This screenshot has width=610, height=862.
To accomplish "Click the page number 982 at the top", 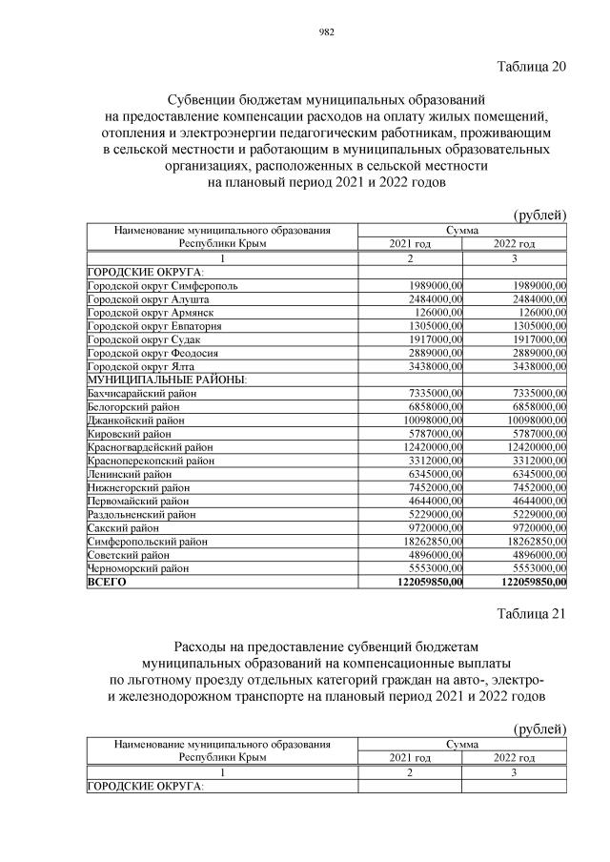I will pyautogui.click(x=325, y=31).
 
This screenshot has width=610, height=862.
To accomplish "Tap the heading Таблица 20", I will pyautogui.click(x=532, y=66).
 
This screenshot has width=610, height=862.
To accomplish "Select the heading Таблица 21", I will pyautogui.click(x=532, y=614).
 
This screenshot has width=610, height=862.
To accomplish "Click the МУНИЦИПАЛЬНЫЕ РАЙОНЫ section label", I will pyautogui.click(x=167, y=380).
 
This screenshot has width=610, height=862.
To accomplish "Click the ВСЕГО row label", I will pyautogui.click(x=107, y=581).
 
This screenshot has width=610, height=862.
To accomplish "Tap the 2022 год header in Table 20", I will pyautogui.click(x=514, y=245).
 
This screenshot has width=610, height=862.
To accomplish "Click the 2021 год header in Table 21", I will pyautogui.click(x=411, y=757).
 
